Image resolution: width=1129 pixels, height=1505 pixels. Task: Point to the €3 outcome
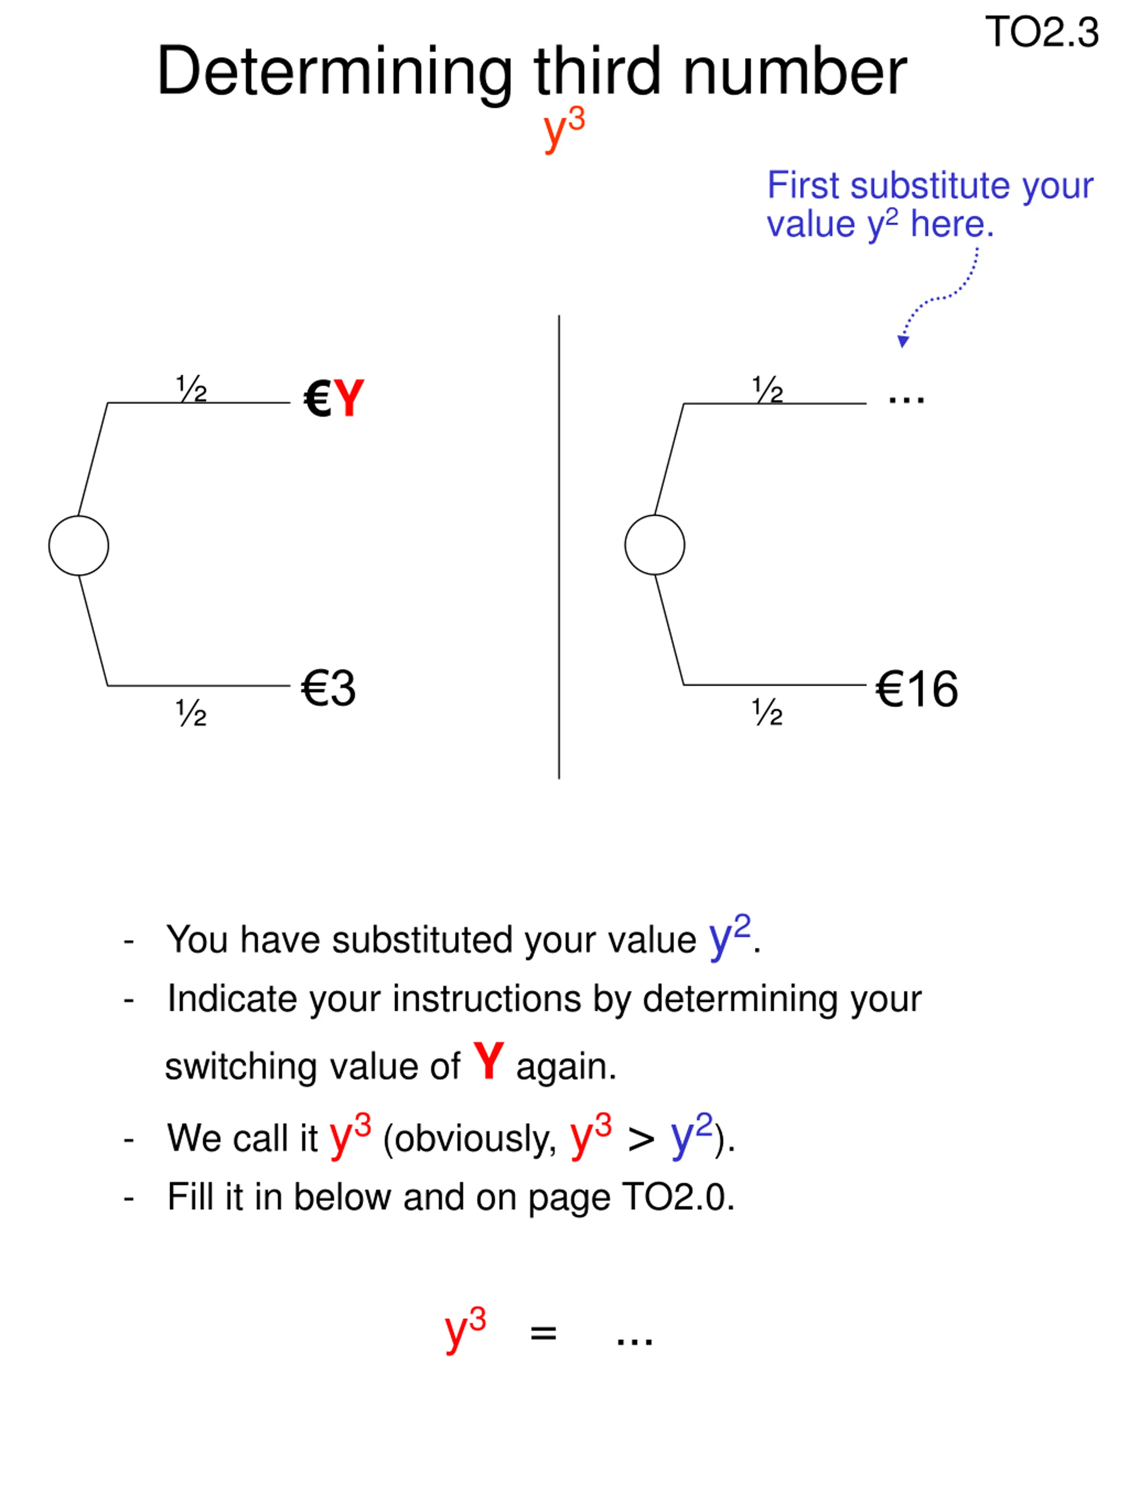click(328, 688)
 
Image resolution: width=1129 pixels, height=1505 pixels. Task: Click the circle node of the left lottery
click(78, 545)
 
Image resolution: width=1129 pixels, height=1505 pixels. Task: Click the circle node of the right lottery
click(654, 545)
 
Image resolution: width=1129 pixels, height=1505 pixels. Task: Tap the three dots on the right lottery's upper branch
click(906, 400)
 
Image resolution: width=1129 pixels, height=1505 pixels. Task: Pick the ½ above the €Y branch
click(191, 388)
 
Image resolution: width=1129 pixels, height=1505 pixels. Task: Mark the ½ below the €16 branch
click(768, 712)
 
